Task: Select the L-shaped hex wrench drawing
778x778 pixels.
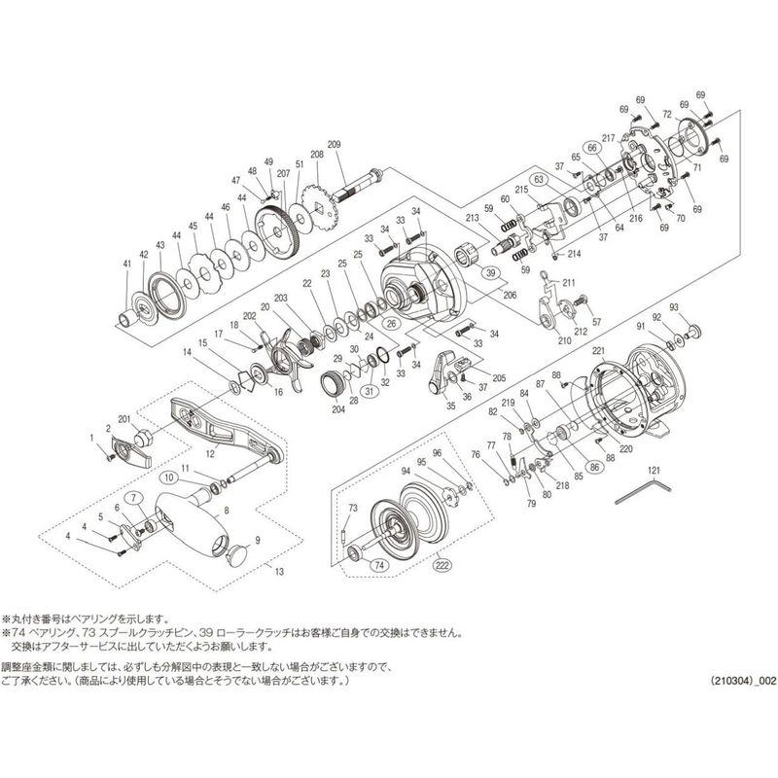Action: click(x=638, y=487)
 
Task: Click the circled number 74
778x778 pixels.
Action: click(x=378, y=563)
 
